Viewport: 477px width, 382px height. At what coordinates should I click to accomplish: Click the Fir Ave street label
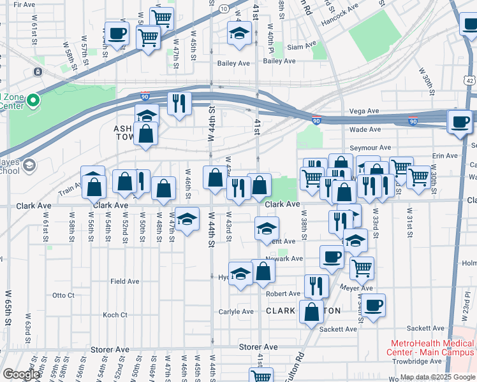[x=24, y=4]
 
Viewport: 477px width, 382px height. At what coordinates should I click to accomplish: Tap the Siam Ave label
[x=301, y=46]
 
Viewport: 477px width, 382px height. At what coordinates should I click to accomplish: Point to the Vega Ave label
[x=365, y=111]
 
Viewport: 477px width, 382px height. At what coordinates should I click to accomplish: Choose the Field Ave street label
[x=124, y=281]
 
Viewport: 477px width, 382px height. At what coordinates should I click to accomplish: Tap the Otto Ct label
[x=63, y=295]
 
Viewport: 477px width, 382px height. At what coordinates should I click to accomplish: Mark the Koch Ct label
[x=115, y=315]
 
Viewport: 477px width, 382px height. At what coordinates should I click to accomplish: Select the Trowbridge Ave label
[x=418, y=361]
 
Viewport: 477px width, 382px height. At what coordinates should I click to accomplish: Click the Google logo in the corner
[x=21, y=374]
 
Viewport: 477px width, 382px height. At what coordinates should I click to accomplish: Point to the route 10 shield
[x=223, y=8]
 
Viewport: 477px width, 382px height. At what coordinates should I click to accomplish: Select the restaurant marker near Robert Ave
[x=316, y=285]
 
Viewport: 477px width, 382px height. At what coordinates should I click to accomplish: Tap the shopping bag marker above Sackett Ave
[x=311, y=313]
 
